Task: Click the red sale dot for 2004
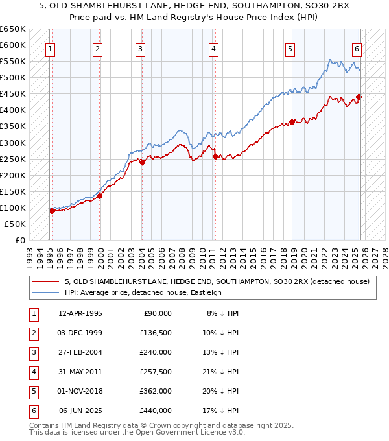143,162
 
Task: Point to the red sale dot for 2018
292,122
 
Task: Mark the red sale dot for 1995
52,211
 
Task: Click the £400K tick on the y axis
13,110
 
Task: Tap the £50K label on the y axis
15,224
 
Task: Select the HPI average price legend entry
143,292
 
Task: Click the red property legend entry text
217,281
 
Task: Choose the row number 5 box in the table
32,391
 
